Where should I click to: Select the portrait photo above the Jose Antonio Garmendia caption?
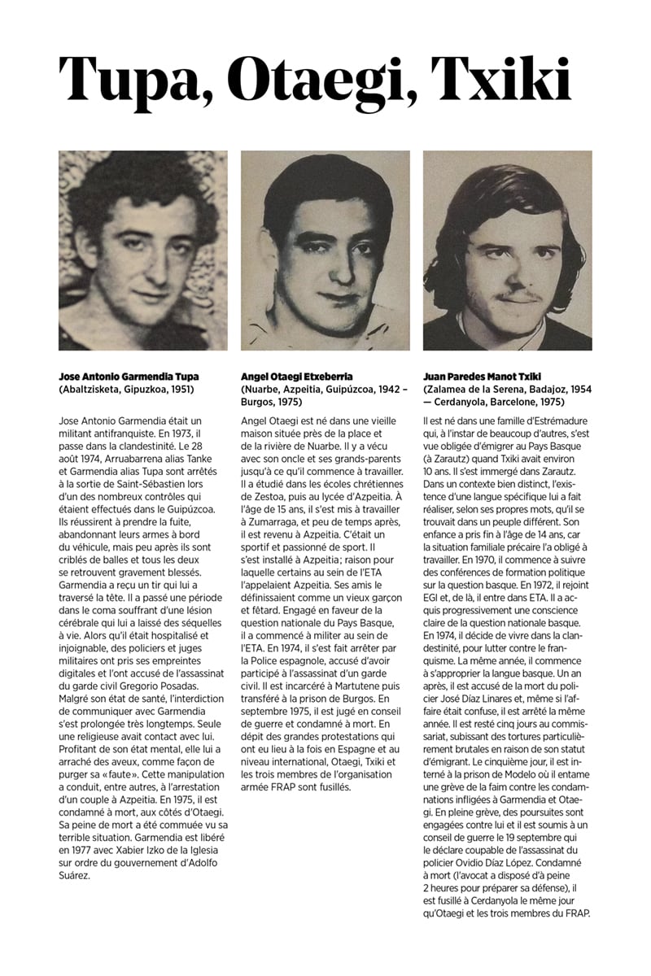(143, 251)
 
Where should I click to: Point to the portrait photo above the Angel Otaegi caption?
(325, 251)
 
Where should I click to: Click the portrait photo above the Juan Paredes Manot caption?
(508, 251)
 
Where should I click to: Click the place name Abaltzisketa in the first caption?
(96, 390)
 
